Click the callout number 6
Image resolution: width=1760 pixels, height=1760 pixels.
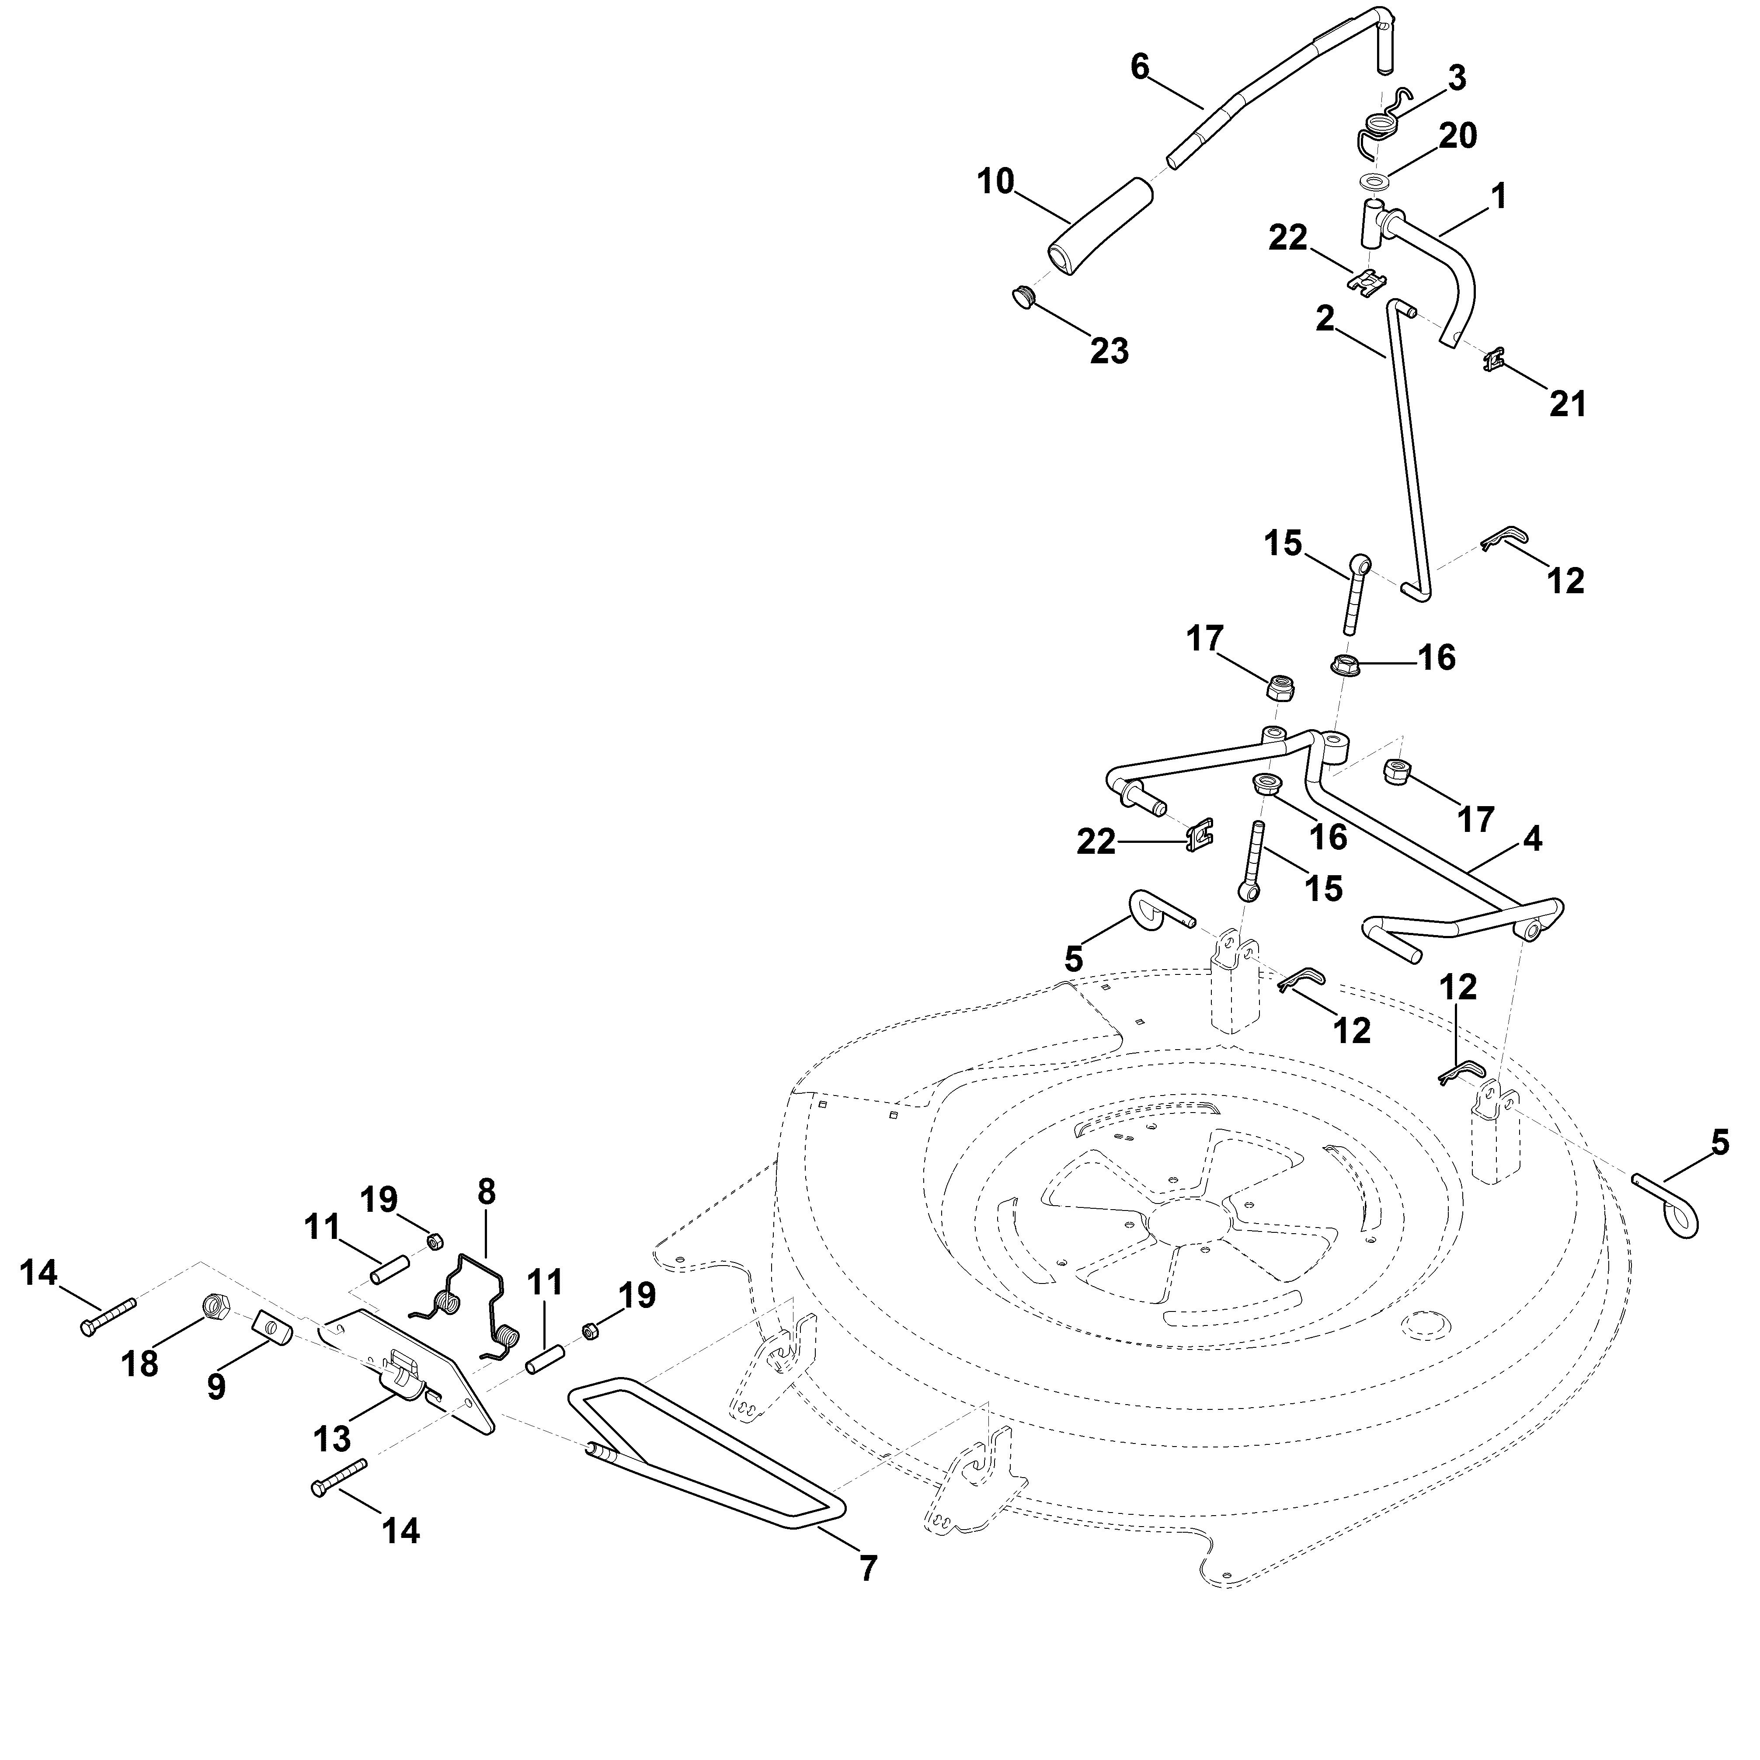[1140, 67]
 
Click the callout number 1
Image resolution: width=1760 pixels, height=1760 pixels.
[1499, 197]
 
